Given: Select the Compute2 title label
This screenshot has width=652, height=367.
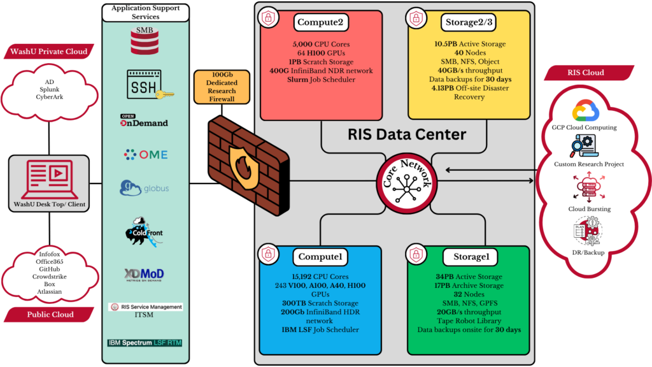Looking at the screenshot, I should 320,22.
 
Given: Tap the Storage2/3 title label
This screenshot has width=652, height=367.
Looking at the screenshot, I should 469,22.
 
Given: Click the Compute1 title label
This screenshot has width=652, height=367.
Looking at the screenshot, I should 320,257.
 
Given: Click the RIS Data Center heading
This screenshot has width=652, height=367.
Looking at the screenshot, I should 407,134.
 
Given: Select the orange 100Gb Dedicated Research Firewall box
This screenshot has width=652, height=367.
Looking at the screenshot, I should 222,87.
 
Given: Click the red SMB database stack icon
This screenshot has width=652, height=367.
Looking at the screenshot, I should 145,43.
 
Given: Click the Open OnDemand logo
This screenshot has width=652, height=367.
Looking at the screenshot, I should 144,120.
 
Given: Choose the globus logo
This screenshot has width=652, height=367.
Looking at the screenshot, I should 145,189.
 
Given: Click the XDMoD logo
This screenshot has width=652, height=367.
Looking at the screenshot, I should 145,275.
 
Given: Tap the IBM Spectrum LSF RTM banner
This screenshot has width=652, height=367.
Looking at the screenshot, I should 145,343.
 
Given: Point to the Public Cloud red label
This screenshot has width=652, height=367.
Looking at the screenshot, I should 50,314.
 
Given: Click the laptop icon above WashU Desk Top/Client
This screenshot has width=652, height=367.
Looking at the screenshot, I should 49,179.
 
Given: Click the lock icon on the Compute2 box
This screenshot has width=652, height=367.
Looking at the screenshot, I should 267,18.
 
